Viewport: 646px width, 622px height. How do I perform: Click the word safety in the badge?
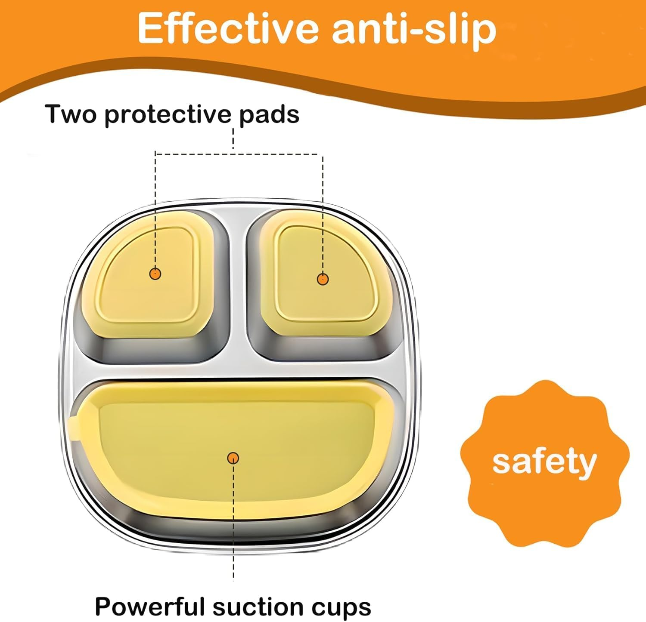[544, 462]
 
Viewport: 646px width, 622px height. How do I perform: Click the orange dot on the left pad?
[155, 273]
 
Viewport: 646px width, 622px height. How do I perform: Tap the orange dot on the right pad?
[323, 279]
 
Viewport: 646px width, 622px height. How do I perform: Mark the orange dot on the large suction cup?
[233, 458]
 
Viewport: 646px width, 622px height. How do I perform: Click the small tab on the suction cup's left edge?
[74, 428]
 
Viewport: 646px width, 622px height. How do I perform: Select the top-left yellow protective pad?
[149, 275]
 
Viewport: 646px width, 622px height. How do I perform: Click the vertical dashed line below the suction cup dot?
[233, 522]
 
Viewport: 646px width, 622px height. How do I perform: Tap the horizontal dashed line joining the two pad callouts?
[239, 153]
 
